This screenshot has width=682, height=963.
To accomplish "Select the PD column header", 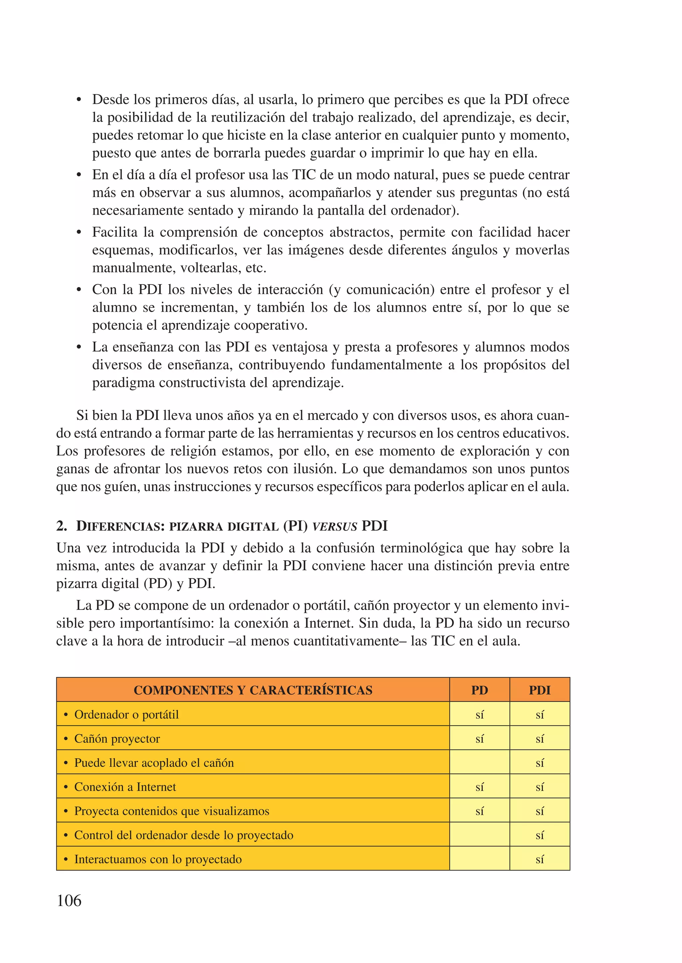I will click(479, 690).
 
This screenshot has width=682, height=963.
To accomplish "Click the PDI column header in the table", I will click(539, 690).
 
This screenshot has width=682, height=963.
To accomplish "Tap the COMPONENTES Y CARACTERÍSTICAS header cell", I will click(253, 690).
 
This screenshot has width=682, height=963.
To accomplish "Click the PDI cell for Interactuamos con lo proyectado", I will click(539, 859).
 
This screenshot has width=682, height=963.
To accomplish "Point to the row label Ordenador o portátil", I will click(127, 714).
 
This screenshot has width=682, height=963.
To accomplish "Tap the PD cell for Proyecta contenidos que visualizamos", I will click(479, 811).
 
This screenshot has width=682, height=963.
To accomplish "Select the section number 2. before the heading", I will click(62, 526).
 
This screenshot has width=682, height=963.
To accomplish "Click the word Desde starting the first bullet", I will click(111, 100).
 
